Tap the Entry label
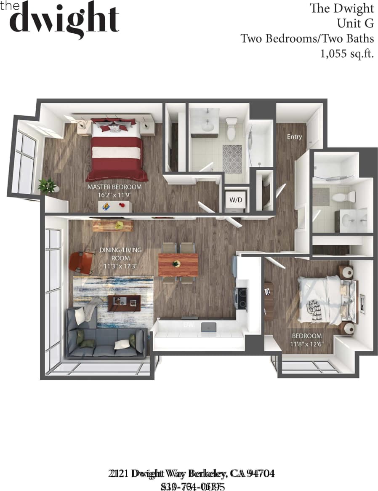click(x=294, y=136)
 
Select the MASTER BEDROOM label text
click(x=114, y=187)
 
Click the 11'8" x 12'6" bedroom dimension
click(x=307, y=344)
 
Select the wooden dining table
click(x=178, y=264)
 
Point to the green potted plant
click(x=47, y=185)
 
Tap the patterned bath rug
click(x=232, y=158)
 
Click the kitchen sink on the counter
click(x=209, y=327)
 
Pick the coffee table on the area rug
click(x=124, y=302)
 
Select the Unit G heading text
click(x=355, y=23)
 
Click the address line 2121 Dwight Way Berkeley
click(x=192, y=473)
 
